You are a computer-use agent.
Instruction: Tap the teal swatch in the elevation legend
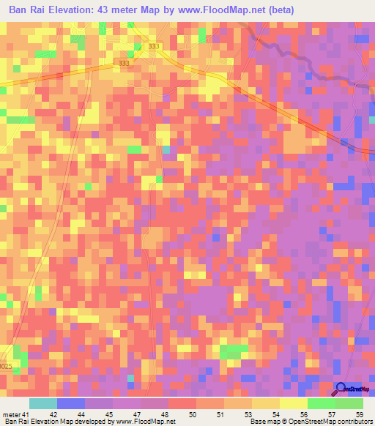point(42,403)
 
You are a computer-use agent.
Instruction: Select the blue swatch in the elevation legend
point(70,403)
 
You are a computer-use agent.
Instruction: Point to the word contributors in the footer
point(354,422)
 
